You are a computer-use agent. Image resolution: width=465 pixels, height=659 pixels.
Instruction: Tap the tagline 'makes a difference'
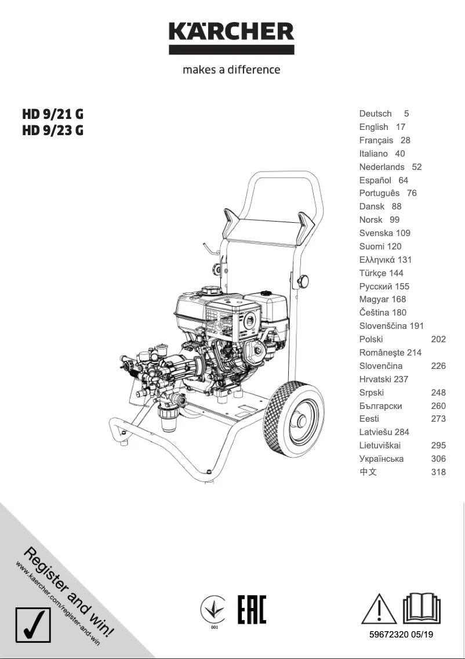231,70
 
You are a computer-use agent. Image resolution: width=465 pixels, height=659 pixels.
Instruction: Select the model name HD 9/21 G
53,114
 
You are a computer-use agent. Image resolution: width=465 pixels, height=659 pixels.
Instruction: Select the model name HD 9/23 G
53,131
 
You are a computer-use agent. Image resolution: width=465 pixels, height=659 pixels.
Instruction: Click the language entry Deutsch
375,114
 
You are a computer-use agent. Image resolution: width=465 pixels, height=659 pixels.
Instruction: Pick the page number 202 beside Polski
438,339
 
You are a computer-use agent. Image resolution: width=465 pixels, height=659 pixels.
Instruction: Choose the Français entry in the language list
376,140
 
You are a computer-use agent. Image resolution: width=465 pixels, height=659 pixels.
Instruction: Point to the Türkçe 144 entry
381,273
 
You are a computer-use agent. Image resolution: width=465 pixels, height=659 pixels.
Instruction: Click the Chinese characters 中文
368,472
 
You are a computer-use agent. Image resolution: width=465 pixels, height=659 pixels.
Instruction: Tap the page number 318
438,472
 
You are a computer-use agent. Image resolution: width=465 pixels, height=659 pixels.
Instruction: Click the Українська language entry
382,459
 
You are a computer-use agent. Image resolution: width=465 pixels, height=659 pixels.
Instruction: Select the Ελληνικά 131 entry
385,260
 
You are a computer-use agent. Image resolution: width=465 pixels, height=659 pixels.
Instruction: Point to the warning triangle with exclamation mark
379,609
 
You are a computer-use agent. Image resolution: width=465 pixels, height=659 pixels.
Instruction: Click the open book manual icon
422,609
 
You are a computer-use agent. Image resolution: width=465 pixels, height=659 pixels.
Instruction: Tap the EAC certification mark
252,610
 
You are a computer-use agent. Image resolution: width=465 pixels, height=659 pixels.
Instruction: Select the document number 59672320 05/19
401,635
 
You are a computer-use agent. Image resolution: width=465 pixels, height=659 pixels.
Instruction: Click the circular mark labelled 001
214,610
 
